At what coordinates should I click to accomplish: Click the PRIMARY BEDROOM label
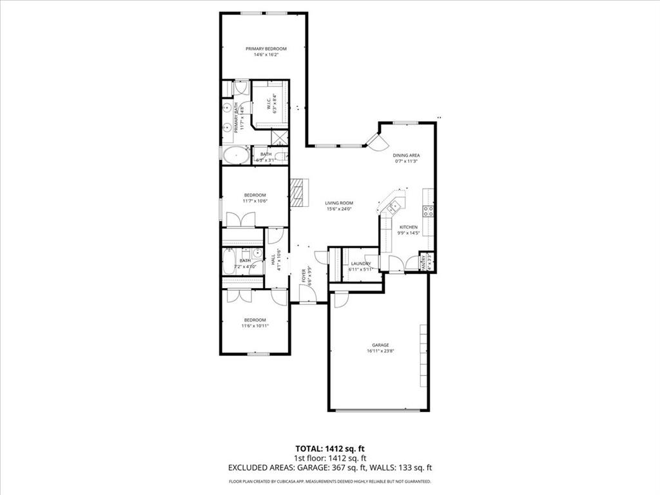(x=266, y=49)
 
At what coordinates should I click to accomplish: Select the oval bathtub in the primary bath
(x=236, y=155)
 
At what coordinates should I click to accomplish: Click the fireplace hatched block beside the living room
(x=297, y=191)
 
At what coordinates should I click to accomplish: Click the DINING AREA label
(x=406, y=155)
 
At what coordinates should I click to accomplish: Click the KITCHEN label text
(x=408, y=227)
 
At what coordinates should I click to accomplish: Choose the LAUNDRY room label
(x=360, y=264)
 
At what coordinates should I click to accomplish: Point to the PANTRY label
(x=424, y=264)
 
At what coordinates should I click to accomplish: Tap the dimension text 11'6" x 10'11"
(x=255, y=326)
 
